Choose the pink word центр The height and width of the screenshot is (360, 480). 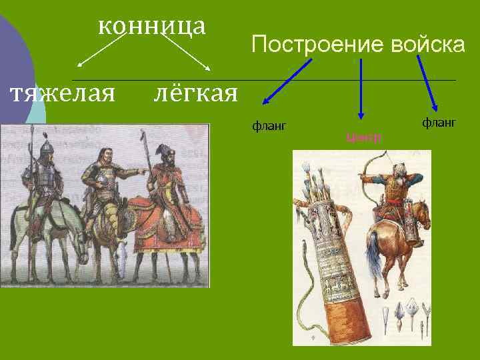[x=363, y=138]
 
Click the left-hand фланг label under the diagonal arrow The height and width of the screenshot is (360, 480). [x=269, y=124]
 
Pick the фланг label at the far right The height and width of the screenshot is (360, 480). [x=439, y=123]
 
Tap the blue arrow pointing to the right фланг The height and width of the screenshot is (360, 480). [x=427, y=83]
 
